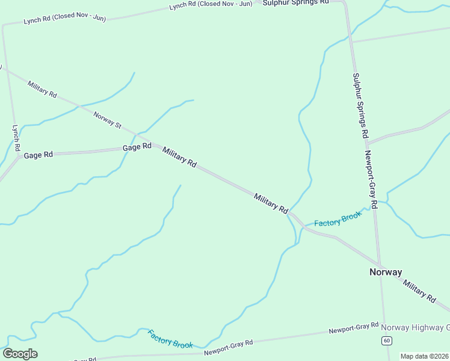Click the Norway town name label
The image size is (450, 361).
[385, 272]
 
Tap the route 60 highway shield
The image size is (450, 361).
[386, 341]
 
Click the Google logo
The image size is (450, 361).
[20, 354]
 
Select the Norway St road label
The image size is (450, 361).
[108, 119]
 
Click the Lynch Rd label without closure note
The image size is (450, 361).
[16, 138]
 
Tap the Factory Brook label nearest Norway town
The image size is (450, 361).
[338, 219]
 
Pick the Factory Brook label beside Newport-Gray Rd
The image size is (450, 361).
[170, 339]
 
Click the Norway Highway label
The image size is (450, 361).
[416, 328]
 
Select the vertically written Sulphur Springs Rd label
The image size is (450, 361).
[360, 106]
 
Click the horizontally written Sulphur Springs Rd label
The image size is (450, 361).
[295, 2]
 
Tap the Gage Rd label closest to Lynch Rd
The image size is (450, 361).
[38, 155]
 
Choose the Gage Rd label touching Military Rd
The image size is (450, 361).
[137, 147]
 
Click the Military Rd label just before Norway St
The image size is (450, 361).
[42, 90]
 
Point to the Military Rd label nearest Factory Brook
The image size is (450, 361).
[271, 203]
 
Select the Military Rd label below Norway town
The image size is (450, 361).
[419, 291]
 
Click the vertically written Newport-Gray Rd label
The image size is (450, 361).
[370, 179]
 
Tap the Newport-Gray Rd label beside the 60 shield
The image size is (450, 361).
[353, 329]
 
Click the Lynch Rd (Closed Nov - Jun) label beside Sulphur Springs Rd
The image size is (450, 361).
[211, 4]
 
